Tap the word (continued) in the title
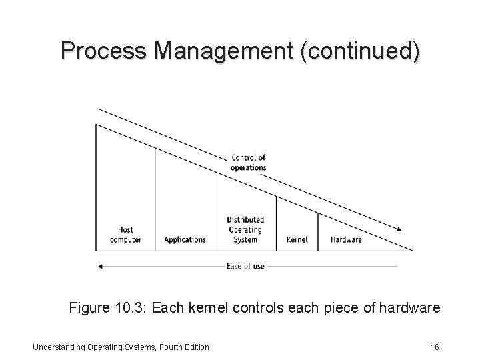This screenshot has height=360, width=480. click(x=360, y=51)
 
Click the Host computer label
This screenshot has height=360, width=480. click(x=125, y=235)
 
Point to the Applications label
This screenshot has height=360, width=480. click(x=185, y=239)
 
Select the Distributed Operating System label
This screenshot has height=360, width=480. click(x=245, y=229)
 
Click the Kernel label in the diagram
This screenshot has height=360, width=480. click(x=297, y=239)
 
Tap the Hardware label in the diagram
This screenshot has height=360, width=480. click(x=346, y=239)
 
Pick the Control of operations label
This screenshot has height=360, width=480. click(x=249, y=163)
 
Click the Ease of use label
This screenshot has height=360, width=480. click(x=245, y=266)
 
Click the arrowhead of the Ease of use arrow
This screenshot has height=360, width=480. click(x=100, y=266)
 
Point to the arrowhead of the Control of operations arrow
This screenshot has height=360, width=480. click(x=399, y=230)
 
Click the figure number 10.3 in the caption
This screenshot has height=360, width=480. click(x=129, y=308)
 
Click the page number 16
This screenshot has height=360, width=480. click(x=434, y=347)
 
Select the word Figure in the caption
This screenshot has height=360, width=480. click(x=88, y=308)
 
